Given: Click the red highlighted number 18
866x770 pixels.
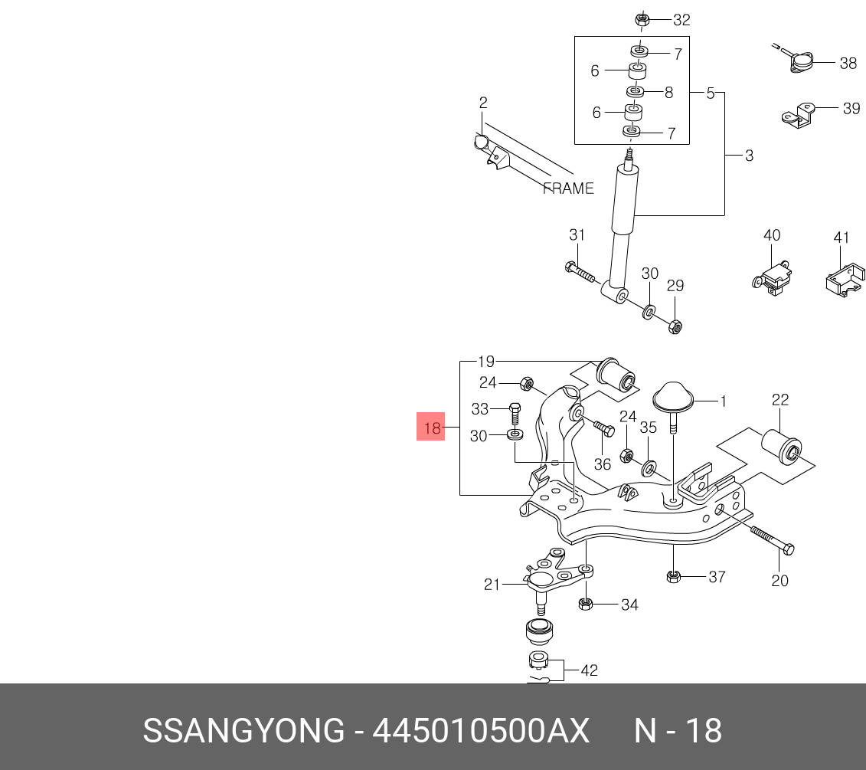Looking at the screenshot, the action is pos(432,428).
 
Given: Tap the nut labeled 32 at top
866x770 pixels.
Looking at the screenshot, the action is pos(641,20).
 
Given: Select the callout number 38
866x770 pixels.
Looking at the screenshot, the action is pos(848,63).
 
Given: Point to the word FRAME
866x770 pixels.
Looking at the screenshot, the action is pos(568,188).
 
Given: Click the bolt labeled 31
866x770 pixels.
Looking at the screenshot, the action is pos(580,271).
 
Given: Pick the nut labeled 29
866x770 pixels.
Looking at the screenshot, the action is pos(675,326).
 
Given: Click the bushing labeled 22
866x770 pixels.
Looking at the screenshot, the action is pos(782,444).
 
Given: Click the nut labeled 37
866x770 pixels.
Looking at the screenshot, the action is pos(673,577).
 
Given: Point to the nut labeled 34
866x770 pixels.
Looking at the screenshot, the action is pos(586,604).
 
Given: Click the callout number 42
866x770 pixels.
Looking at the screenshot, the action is pos(590,670).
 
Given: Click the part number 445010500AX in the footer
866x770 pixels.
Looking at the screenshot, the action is pos(481,731).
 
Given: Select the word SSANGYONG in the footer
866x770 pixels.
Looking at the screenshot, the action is pos(244,731).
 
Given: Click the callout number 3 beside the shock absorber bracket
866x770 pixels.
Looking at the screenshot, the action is pos(749,156).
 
